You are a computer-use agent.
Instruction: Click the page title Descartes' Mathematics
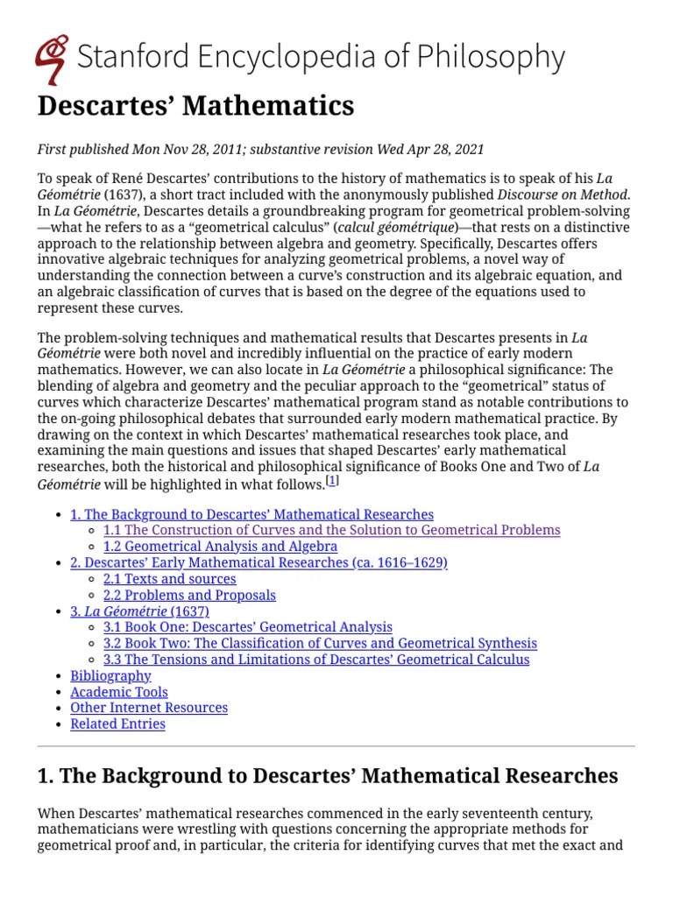pos(195,106)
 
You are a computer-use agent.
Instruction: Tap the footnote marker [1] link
pos(332,482)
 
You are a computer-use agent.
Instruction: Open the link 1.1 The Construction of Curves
pos(331,531)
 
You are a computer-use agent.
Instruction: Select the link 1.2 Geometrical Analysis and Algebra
pos(220,547)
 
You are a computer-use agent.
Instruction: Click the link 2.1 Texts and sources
pos(169,579)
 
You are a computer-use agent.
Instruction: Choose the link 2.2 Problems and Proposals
pos(189,596)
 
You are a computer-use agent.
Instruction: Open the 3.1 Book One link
pos(247,627)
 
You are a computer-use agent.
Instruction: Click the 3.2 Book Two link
pos(320,644)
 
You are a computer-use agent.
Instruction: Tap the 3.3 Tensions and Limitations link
pos(315,660)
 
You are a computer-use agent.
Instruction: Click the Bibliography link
pos(110,675)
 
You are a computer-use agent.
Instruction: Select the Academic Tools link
pos(119,692)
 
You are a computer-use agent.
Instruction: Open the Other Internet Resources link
pos(149,708)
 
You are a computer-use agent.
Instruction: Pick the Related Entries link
pos(117,724)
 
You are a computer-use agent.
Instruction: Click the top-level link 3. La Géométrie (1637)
pos(140,611)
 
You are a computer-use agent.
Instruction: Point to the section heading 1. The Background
pos(328,776)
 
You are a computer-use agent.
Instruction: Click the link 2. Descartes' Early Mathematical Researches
pos(259,562)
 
